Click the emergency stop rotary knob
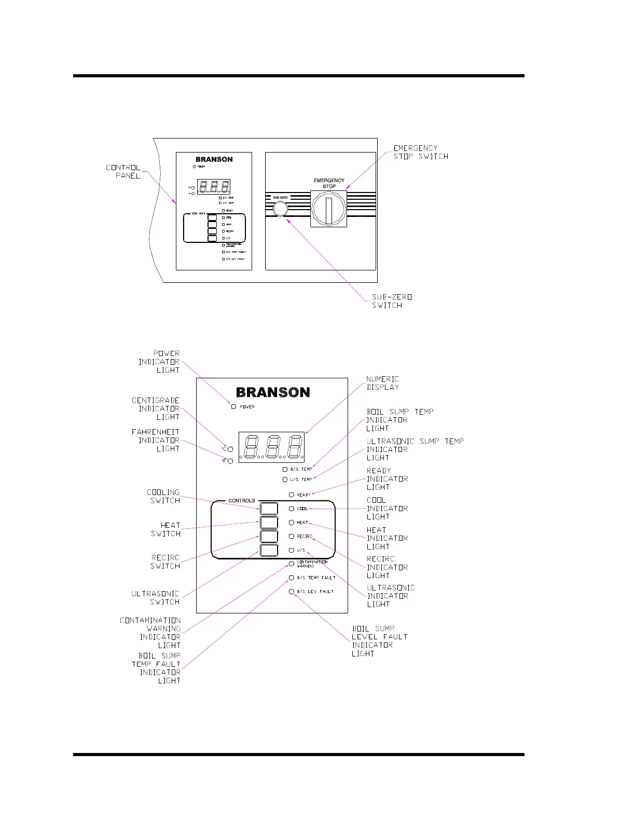pos(328,209)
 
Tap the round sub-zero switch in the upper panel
pos(280,209)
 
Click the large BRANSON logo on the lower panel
pos(273,392)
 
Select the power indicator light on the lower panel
pos(233,406)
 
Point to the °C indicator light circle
pos(230,449)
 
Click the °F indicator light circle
pos(230,461)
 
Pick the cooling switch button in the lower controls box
pos(269,509)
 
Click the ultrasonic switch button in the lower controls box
pos(269,550)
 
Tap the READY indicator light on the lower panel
pos(292,495)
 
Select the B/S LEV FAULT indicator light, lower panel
pos(292,591)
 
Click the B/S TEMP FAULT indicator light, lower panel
pos(292,577)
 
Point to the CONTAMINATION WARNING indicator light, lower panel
pos(292,564)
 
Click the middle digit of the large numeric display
pos(271,447)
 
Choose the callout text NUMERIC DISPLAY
pos(382,383)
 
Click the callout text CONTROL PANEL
pos(123,171)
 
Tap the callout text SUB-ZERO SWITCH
pos(392,301)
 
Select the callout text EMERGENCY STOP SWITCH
pos(420,152)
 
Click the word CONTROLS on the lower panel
pos(242,501)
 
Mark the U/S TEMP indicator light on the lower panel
pos(285,479)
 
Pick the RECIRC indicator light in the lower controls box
pos(292,536)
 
